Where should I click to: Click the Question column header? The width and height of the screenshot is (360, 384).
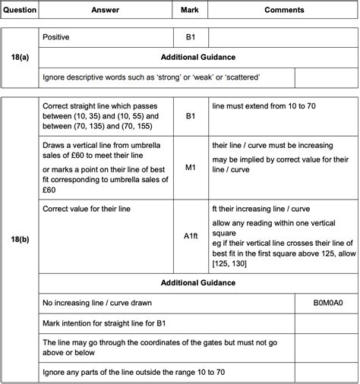(19, 11)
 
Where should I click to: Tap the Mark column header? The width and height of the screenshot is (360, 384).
(189, 11)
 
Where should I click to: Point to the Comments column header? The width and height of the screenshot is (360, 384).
(284, 11)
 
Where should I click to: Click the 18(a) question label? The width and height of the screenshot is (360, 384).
(19, 57)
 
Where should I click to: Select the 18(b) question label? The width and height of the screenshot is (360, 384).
(19, 238)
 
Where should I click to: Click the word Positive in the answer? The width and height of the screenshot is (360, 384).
(57, 36)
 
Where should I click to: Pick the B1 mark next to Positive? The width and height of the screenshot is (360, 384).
(189, 36)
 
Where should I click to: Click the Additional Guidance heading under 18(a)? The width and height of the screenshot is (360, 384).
(197, 58)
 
